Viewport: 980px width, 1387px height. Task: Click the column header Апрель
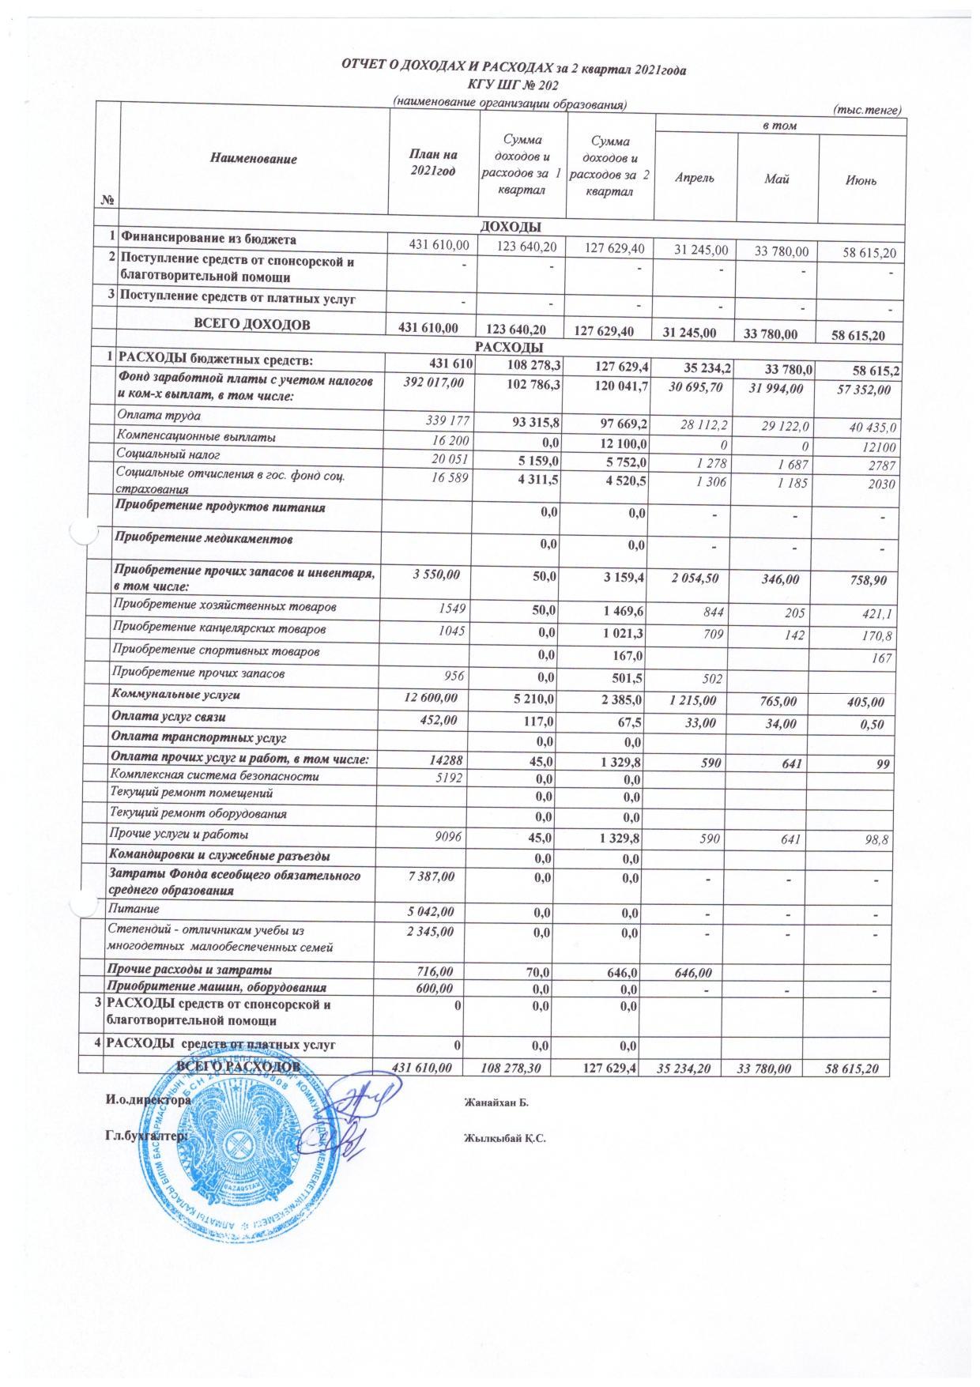(695, 179)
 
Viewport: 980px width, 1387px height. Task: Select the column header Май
(777, 179)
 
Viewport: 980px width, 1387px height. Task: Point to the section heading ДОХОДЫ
(511, 226)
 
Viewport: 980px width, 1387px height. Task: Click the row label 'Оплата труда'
(158, 415)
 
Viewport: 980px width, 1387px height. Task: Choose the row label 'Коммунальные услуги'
(178, 695)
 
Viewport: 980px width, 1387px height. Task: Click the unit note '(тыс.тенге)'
(868, 111)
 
